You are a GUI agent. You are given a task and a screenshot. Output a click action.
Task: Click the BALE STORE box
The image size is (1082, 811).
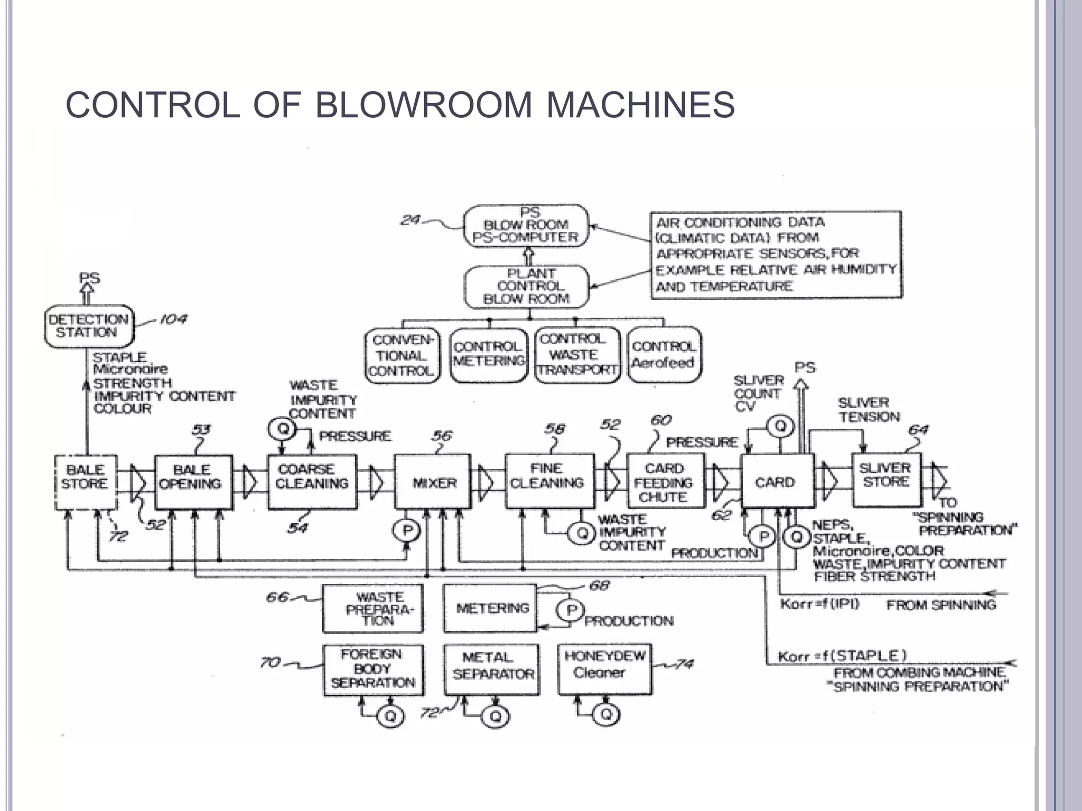[85, 482]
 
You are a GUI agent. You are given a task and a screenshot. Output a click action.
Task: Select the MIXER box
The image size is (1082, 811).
[433, 482]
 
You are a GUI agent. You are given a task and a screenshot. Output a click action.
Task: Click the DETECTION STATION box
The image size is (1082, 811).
[89, 326]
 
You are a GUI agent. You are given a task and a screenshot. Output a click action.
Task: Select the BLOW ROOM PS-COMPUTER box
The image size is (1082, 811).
[526, 227]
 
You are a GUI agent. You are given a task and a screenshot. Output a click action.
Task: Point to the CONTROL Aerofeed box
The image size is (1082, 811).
[664, 354]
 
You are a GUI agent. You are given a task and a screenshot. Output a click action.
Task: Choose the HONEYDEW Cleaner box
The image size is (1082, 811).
[604, 668]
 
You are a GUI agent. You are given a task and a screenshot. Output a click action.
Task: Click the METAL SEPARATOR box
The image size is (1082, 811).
[492, 669]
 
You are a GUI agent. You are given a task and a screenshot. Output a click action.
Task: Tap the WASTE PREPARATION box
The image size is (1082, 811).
[373, 608]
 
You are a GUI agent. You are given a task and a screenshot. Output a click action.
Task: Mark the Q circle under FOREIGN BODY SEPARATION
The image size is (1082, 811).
[390, 715]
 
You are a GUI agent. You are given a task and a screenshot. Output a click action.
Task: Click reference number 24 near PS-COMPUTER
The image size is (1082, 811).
[410, 220]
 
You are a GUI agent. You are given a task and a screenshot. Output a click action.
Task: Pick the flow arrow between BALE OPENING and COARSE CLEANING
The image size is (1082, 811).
[250, 482]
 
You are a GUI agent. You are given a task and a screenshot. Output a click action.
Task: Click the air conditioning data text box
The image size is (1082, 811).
[776, 254]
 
